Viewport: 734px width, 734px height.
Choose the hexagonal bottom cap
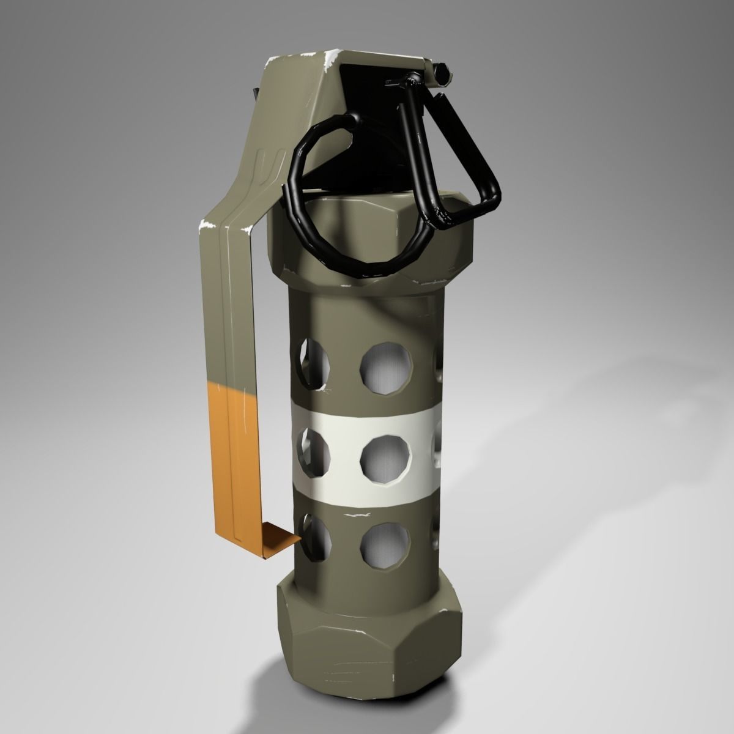(367, 630)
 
